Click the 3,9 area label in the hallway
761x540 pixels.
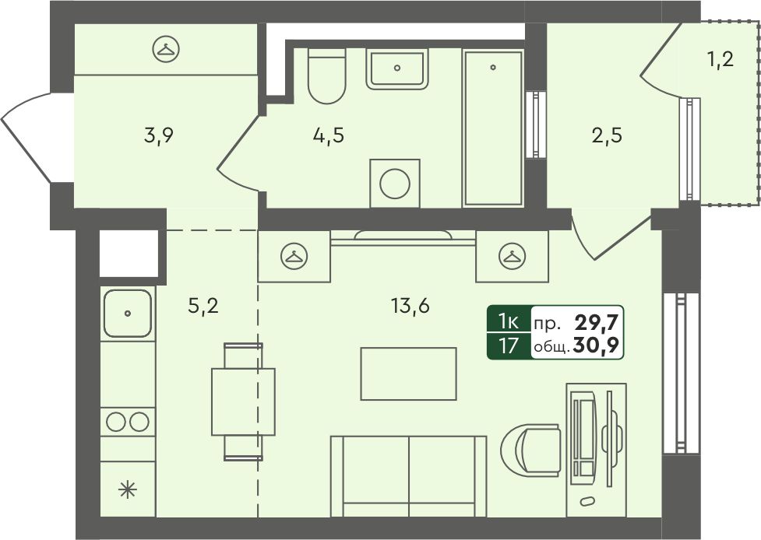point(159,136)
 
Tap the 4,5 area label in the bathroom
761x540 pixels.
point(329,136)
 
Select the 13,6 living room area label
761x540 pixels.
point(410,307)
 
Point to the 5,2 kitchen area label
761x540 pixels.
point(203,307)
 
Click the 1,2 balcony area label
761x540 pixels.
point(719,60)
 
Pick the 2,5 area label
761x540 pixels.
point(607,136)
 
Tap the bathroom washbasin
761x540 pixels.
point(397,68)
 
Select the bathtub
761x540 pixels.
point(493,128)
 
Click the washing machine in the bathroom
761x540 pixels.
point(395,184)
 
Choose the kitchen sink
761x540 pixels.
point(128,313)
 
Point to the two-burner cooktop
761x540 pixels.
point(128,422)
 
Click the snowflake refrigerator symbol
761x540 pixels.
point(128,490)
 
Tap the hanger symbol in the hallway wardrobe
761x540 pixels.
point(166,50)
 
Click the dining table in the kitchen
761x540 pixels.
point(243,401)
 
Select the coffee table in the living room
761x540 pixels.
point(409,373)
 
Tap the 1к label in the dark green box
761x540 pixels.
point(509,321)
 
